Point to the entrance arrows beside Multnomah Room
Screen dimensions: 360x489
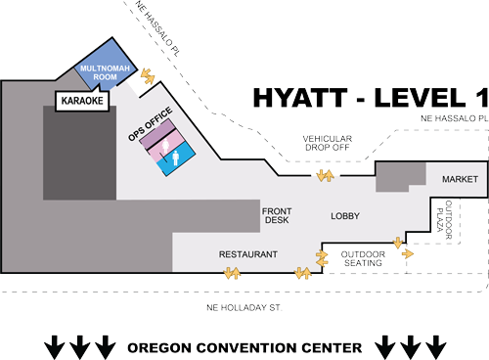[147, 74]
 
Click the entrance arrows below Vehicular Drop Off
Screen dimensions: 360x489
[324, 175]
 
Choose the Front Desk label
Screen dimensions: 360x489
[276, 215]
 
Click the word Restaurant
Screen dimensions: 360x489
[247, 254]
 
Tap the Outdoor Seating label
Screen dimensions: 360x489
[361, 258]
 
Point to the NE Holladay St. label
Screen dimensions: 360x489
[241, 308]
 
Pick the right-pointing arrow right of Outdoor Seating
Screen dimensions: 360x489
[407, 253]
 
